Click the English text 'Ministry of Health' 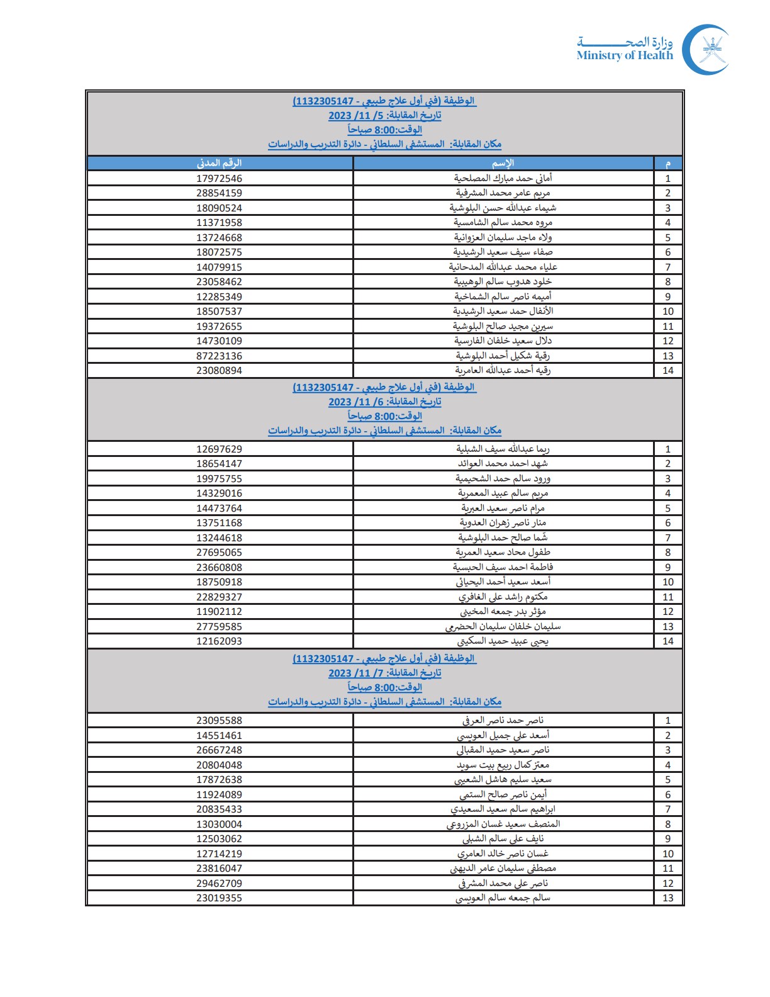tap(624, 55)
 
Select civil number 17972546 tap(219, 179)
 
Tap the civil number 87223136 tap(219, 356)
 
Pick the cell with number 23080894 tap(219, 371)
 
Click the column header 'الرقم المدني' tap(219, 164)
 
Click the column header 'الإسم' tap(503, 164)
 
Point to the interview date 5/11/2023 tap(384, 116)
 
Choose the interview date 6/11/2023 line tap(384, 402)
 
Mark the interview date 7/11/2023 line tap(384, 673)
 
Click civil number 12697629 tap(219, 449)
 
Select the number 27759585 tap(219, 627)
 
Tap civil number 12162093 tap(219, 641)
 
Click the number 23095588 tap(219, 721)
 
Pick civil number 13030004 tap(219, 825)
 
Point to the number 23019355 tap(219, 898)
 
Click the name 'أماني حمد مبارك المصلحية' tap(503, 179)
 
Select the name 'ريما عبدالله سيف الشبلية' tap(503, 449)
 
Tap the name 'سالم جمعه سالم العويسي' tap(503, 898)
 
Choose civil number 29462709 tap(219, 884)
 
